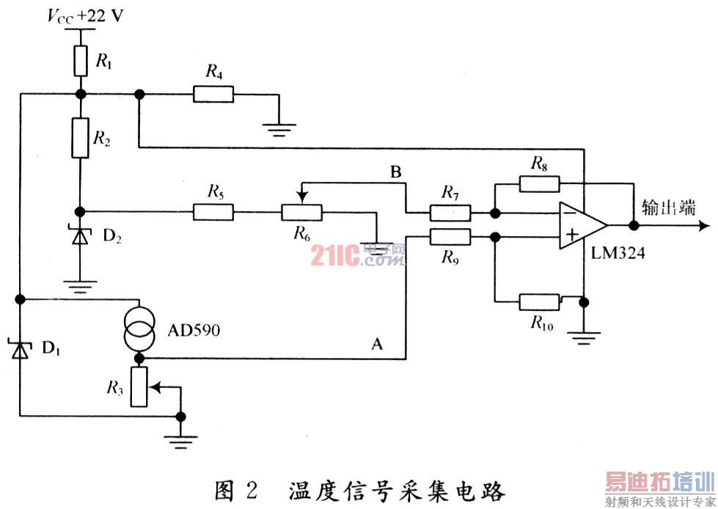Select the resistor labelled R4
coord(213,93)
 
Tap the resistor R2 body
coord(81,138)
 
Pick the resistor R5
coord(213,213)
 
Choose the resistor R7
coord(449,213)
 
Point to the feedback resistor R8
coord(539,183)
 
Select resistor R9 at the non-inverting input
coord(449,236)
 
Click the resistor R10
coord(541,301)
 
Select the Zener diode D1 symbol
coord(21,351)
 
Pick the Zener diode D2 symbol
coord(81,236)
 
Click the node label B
coord(395,174)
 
